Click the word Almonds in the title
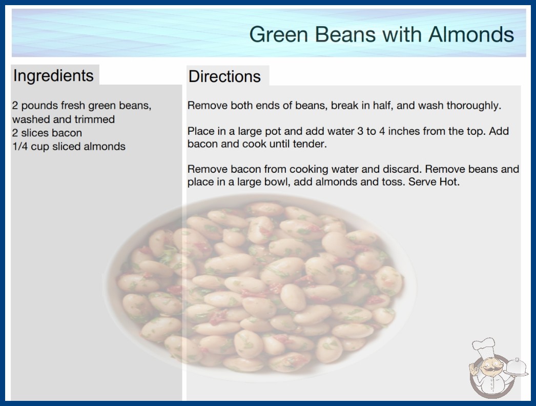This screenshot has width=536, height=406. coord(471,34)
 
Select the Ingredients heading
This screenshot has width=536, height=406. coord(53,76)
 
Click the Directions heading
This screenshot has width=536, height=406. coord(224,76)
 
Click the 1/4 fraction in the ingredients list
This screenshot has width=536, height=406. coord(20,147)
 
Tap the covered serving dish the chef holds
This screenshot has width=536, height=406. coord(517,367)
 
